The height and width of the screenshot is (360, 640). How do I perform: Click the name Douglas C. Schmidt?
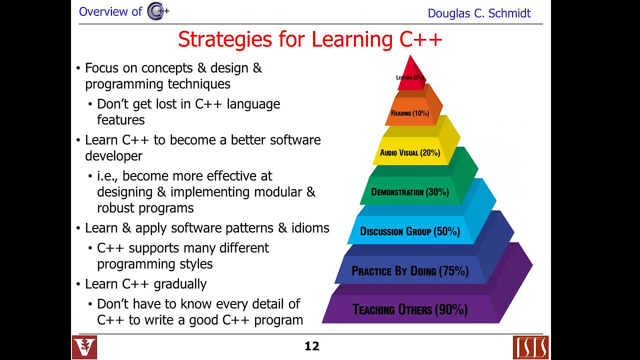(x=479, y=13)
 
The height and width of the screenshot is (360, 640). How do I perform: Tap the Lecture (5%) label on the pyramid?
(x=410, y=77)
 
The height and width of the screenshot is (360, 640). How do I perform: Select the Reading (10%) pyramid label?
(x=410, y=113)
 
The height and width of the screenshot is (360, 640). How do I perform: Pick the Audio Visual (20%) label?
(x=410, y=152)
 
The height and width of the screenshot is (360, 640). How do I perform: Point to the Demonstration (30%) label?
(x=410, y=192)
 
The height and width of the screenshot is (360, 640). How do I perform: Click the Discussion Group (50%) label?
(x=410, y=231)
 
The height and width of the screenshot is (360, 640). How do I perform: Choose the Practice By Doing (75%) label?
(x=410, y=271)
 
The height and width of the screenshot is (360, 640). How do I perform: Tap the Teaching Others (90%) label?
(x=410, y=309)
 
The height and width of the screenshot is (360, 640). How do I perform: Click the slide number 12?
(x=312, y=346)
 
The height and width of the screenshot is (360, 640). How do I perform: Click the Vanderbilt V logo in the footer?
(x=84, y=347)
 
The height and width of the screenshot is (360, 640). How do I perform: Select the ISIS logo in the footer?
(x=530, y=347)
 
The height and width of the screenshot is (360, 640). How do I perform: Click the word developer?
(x=113, y=156)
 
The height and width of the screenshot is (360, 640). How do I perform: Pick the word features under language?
(x=120, y=120)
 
